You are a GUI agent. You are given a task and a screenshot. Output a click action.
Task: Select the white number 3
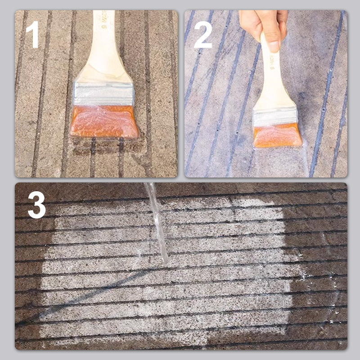(37, 205)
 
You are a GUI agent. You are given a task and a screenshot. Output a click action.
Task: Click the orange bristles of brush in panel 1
(104, 121)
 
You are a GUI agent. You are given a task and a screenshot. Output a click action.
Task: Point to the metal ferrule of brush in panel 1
(103, 94)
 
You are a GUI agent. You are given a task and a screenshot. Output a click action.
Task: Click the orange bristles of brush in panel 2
(277, 135)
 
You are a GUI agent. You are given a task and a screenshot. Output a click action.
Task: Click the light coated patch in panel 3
(216, 288)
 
